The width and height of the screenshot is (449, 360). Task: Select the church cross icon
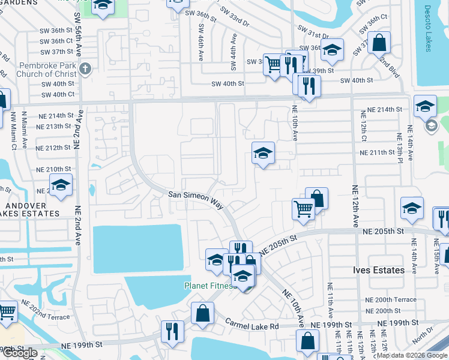(x=85, y=68)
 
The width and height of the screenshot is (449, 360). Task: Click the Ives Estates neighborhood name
(x=378, y=271)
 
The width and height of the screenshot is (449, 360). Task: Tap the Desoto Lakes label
(x=428, y=29)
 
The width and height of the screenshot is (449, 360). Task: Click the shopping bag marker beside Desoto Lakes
(x=379, y=43)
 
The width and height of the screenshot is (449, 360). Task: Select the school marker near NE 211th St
(x=263, y=154)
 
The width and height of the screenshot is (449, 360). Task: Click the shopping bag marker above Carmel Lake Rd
(x=203, y=313)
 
